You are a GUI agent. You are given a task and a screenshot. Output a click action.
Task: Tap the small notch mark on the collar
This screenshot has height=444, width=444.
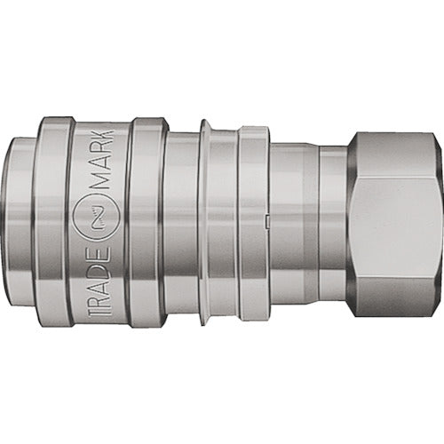(x=266, y=216)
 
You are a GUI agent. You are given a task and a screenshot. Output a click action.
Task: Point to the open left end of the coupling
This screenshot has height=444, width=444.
(x=18, y=220)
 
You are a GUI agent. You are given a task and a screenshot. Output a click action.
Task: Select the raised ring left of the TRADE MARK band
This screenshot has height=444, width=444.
(x=53, y=220)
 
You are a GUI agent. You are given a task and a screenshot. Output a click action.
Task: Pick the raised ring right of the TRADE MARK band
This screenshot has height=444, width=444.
(x=147, y=220)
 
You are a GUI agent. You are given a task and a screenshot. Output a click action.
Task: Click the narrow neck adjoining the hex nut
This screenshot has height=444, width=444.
(x=333, y=220)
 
